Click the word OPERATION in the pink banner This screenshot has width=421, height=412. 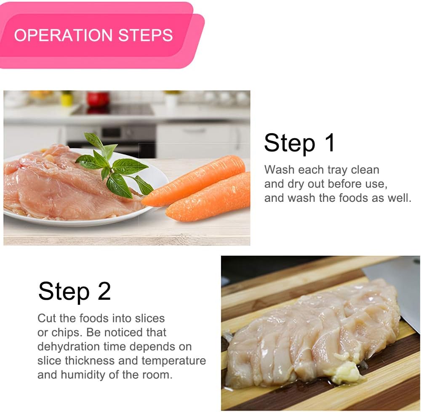coord(63,35)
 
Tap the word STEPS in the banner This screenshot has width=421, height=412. coord(146,35)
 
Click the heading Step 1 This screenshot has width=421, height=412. coord(299,143)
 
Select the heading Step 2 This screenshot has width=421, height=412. coord(75,292)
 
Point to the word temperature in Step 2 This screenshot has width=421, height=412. coord(174,361)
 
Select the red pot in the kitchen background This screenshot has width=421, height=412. coord(98,100)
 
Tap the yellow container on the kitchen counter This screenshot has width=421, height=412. coord(67,99)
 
